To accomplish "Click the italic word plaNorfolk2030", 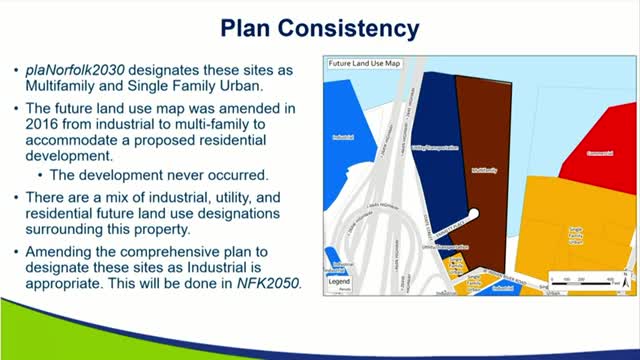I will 76,73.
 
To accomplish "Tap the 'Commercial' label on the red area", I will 598,153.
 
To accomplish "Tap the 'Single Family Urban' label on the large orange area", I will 575,232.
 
